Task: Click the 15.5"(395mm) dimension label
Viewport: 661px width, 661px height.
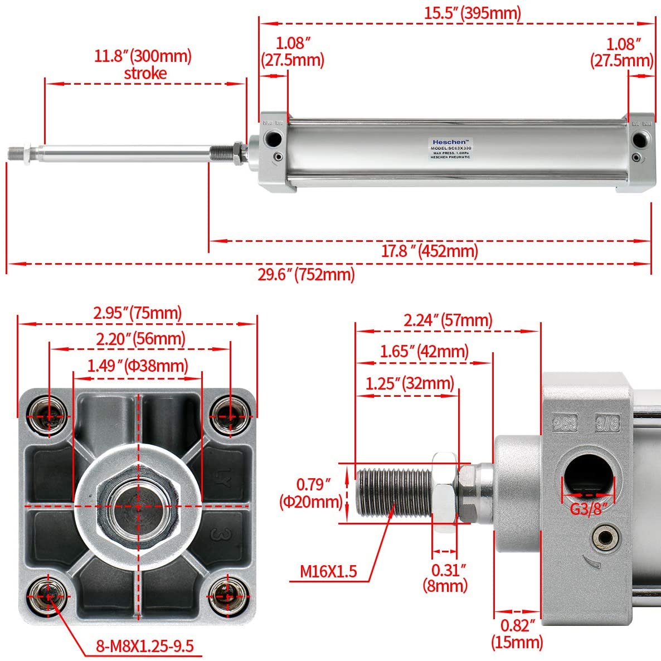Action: (x=472, y=13)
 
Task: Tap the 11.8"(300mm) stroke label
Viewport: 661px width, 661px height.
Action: (x=143, y=64)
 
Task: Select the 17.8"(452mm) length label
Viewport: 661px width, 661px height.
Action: (x=429, y=251)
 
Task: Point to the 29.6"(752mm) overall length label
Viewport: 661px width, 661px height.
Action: (x=306, y=274)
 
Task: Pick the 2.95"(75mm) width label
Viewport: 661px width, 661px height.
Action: (x=138, y=313)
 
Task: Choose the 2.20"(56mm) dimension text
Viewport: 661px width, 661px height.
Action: (x=140, y=339)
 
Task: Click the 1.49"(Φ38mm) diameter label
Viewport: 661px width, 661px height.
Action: (x=138, y=366)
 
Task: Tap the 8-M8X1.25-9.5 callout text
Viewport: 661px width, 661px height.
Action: (x=144, y=647)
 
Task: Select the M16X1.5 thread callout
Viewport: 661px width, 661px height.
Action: (x=328, y=571)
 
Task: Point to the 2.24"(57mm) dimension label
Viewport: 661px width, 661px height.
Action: (x=448, y=320)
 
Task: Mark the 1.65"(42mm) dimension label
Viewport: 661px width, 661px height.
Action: (x=424, y=352)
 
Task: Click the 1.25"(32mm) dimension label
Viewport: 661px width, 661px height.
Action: (x=410, y=383)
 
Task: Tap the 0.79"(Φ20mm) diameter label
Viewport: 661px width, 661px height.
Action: (x=311, y=493)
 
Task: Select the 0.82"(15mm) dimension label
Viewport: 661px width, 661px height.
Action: (x=517, y=634)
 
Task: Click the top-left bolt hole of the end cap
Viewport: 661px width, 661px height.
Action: (x=50, y=415)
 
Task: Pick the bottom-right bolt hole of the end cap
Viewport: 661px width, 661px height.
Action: (x=227, y=596)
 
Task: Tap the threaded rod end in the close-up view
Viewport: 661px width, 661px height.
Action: (x=393, y=493)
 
